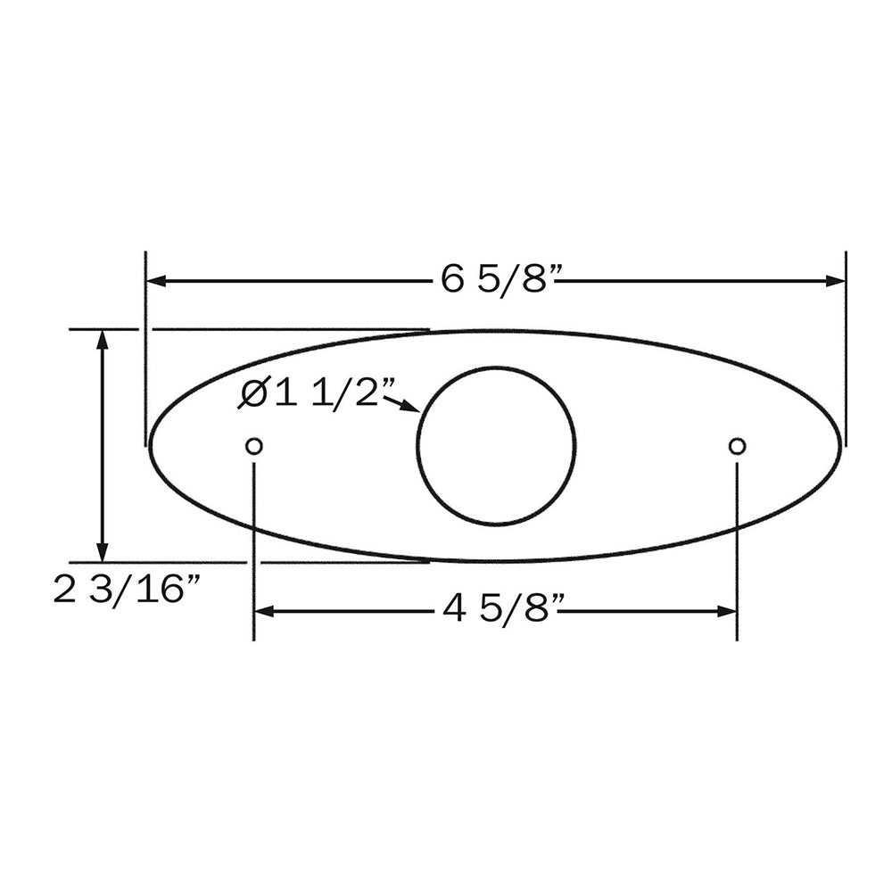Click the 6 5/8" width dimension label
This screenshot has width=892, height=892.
[x=500, y=280]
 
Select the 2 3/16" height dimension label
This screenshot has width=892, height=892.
[x=127, y=591]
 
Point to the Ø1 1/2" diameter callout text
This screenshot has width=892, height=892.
[x=318, y=393]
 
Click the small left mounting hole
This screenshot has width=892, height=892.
[x=254, y=446]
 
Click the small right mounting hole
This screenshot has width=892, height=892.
[x=737, y=446]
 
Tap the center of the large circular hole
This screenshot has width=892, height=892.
[x=496, y=446]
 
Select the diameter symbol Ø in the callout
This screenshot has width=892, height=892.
[x=253, y=393]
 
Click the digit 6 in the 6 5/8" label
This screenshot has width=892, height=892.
[x=452, y=280]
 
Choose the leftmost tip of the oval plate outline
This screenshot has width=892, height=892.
[x=150, y=445]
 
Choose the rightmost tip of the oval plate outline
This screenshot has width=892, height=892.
[x=840, y=445]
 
